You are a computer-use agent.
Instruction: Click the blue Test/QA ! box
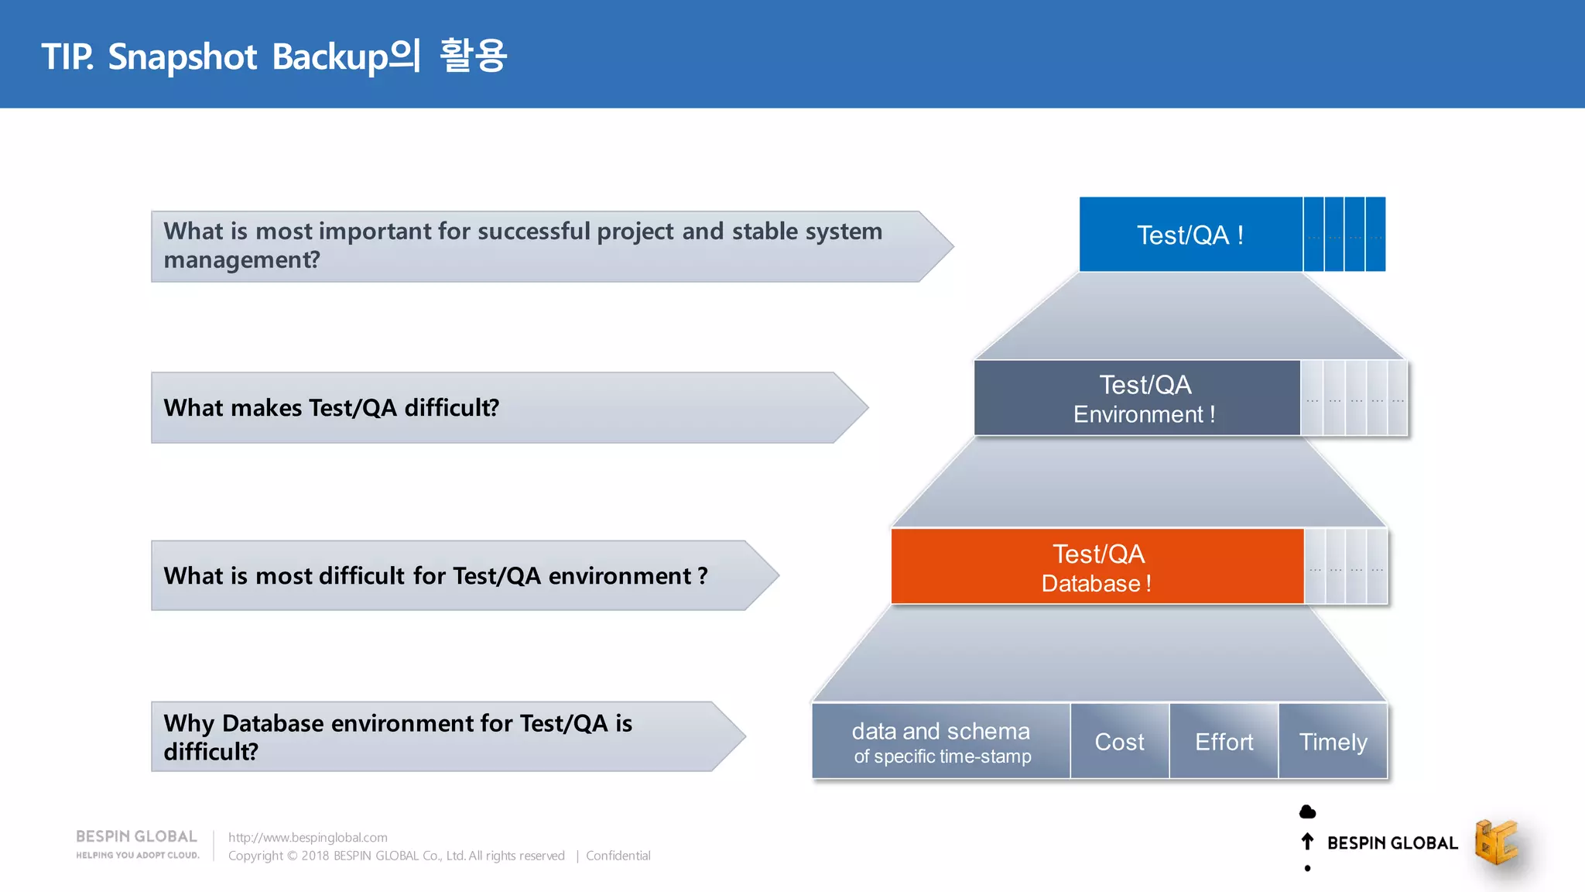click(1190, 235)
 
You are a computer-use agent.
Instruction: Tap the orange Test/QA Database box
click(1097, 567)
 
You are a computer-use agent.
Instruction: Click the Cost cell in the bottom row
click(1119, 742)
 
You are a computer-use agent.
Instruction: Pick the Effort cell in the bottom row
click(1224, 742)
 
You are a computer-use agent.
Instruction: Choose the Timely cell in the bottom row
click(1333, 742)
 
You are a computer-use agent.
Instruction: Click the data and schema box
click(941, 742)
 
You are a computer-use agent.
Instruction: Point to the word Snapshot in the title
click(183, 57)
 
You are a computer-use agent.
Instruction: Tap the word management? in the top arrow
click(241, 260)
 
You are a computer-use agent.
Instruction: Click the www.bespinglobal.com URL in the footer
click(308, 837)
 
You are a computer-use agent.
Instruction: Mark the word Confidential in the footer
click(618, 856)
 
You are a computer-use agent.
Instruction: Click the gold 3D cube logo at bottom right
click(1496, 842)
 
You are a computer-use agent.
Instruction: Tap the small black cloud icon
click(1307, 811)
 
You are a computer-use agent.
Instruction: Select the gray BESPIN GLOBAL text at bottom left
click(136, 836)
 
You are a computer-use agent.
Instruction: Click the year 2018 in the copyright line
click(315, 856)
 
